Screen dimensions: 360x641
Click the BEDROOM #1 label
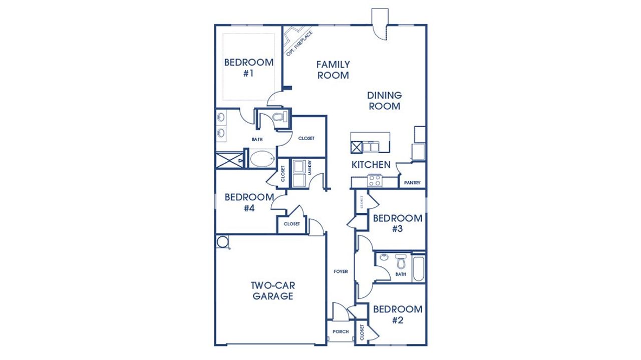pos(249,68)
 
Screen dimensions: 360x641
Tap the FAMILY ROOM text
pos(333,70)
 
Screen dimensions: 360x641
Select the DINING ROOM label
pos(385,101)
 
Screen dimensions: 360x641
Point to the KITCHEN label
pos(371,165)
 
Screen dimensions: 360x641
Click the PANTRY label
pos(413,183)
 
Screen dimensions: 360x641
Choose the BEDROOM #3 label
pos(398,223)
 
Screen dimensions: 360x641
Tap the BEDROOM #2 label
pos(398,314)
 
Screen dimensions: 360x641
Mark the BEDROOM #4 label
pos(249,202)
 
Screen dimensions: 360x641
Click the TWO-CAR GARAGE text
pos(273,291)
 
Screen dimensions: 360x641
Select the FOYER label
pos(341,272)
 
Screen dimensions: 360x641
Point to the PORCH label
pos(341,331)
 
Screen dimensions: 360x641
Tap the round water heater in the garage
pos(223,242)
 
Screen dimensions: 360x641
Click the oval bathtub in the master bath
pos(262,160)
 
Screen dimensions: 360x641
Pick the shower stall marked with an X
pos(228,160)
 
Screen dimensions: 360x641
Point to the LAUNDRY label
pos(310,167)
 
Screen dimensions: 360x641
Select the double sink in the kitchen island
pos(373,147)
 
